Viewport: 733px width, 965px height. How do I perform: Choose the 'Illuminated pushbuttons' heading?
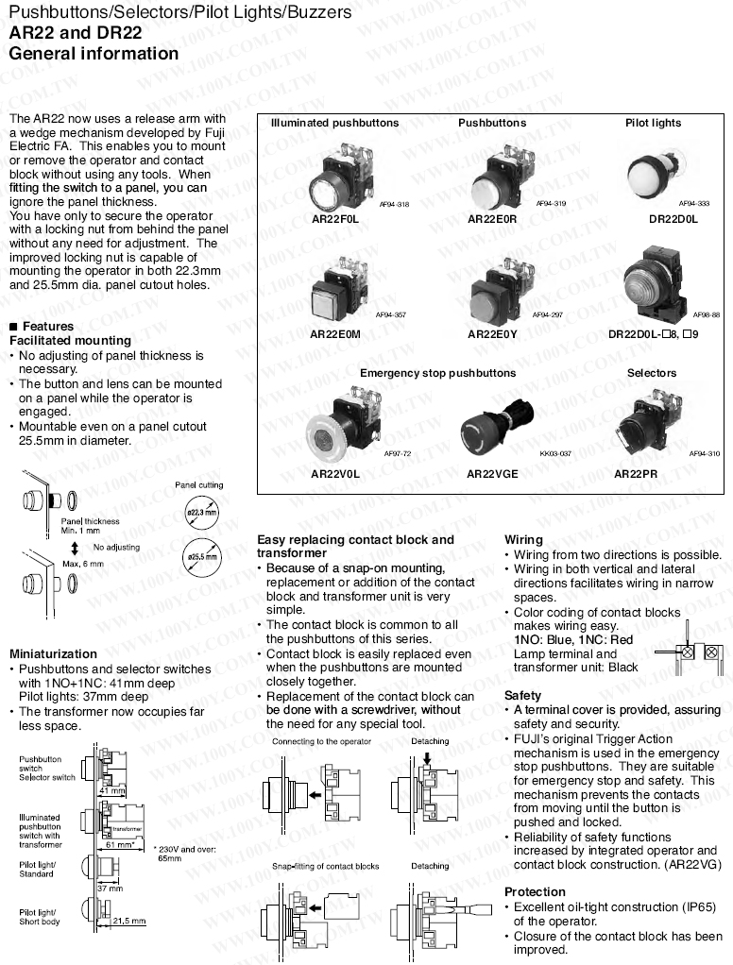(x=334, y=123)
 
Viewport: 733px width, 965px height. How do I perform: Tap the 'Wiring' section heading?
(x=523, y=540)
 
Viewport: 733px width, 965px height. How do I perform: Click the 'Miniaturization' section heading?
(x=53, y=653)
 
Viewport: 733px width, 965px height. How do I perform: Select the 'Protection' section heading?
(x=535, y=891)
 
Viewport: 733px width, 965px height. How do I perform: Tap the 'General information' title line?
(x=94, y=54)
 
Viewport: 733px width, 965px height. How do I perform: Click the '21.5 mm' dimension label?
(x=129, y=921)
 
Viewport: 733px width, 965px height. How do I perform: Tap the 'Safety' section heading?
(x=522, y=695)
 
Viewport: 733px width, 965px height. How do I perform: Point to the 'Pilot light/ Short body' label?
(x=40, y=917)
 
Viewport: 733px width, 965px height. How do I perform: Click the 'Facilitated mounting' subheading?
(x=70, y=340)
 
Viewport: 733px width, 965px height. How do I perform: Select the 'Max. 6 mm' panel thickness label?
(x=83, y=564)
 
